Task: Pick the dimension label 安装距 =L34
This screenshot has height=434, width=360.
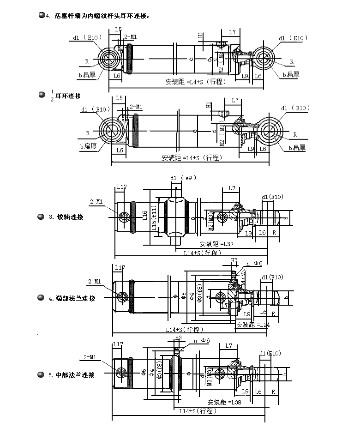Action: (253, 325)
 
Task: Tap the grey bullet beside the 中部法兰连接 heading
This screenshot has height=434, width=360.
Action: (41, 375)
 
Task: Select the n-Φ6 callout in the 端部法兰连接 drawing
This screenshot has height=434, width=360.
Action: (254, 263)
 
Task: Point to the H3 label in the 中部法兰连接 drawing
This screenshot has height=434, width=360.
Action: (178, 338)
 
